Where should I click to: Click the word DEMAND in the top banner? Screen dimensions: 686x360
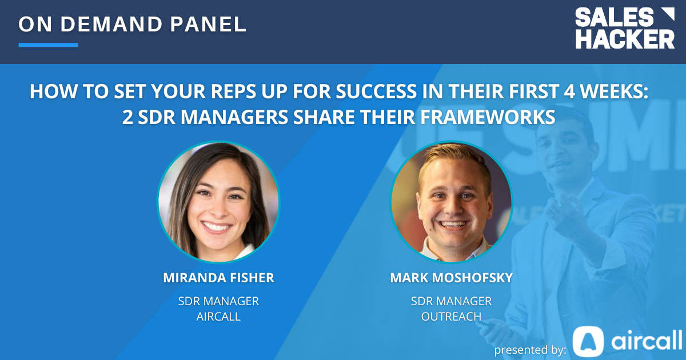point(111,24)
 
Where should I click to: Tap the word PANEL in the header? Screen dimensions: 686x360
point(208,24)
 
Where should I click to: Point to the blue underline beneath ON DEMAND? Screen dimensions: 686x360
point(48,45)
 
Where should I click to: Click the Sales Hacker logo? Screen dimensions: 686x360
point(625,28)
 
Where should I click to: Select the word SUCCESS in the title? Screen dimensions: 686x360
point(376,91)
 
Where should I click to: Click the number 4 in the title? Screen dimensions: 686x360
point(569,91)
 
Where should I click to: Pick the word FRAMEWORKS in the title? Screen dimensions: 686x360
point(488,117)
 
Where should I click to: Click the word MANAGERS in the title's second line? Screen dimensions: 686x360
point(234,117)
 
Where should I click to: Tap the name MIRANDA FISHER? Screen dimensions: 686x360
point(218,278)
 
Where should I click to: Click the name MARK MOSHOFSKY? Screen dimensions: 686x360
point(452,278)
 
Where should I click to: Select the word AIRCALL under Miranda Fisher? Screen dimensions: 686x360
point(218,316)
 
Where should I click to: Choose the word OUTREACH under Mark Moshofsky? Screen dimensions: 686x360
point(451,316)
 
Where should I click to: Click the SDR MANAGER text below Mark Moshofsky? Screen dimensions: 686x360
point(451,301)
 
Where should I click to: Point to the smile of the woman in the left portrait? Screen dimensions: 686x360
point(217,227)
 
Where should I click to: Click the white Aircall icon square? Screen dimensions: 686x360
point(588,341)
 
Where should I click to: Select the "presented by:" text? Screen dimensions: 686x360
point(530,350)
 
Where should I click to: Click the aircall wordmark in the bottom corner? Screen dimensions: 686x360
point(647,340)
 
